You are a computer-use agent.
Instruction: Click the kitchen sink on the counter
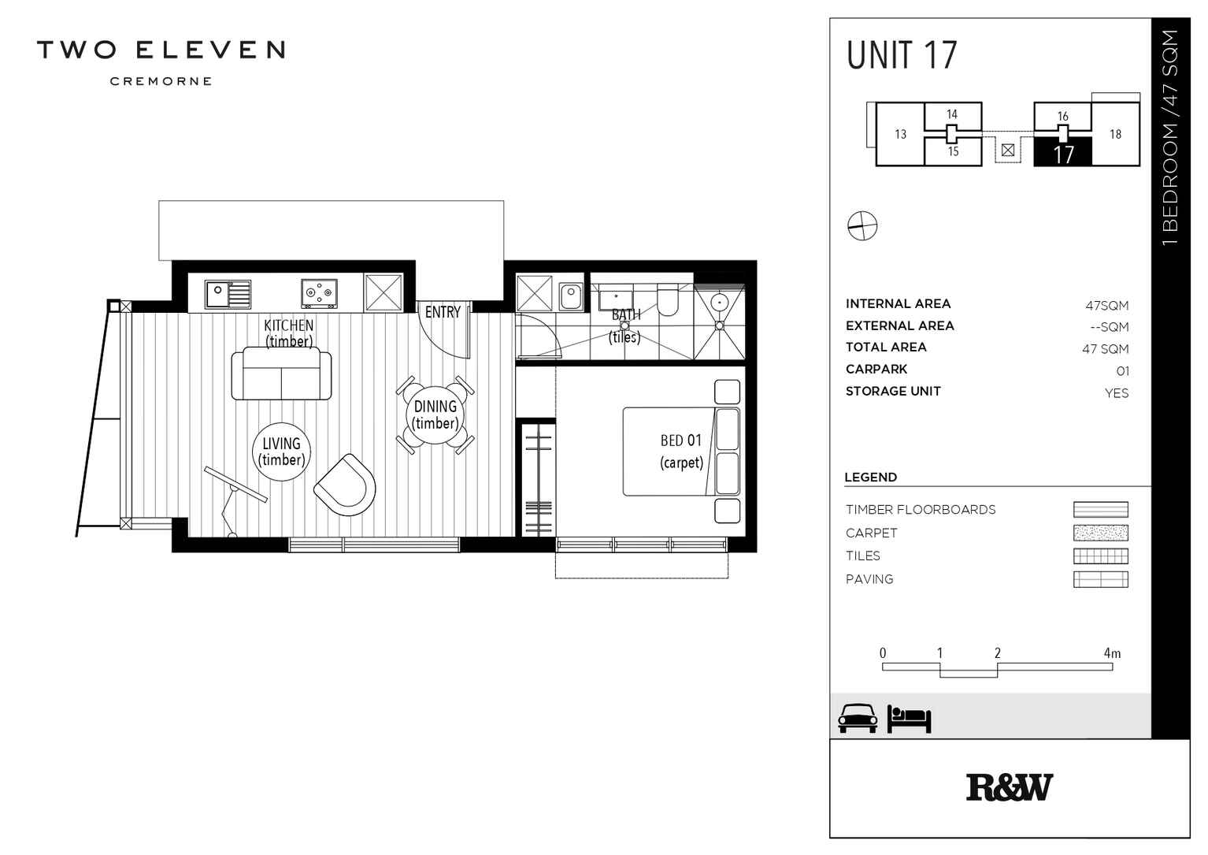(228, 294)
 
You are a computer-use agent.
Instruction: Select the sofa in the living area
(281, 374)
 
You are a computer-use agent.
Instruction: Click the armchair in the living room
(345, 485)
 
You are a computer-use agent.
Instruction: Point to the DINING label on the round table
(435, 407)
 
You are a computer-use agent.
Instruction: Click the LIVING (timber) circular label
(281, 452)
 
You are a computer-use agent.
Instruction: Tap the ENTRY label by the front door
(443, 313)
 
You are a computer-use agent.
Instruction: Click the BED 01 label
(680, 441)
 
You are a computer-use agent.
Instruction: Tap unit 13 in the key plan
(900, 135)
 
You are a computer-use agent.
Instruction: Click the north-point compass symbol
(862, 226)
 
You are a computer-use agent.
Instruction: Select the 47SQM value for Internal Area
(1106, 306)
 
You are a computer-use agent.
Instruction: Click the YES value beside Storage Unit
(1116, 393)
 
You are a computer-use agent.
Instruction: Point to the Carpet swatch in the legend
(1100, 533)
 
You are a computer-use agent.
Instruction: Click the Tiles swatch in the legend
(1100, 556)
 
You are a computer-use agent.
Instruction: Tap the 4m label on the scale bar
(1111, 653)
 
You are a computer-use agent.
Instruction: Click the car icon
(857, 718)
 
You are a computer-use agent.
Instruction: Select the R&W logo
(1009, 787)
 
